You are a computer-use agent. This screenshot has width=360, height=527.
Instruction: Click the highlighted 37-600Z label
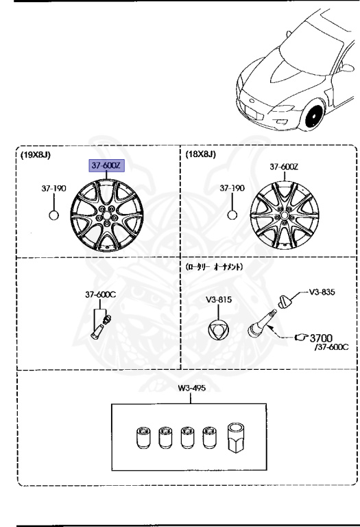click(106, 165)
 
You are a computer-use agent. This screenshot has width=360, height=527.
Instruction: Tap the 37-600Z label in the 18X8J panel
click(284, 166)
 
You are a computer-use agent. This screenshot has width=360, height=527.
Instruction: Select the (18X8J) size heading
click(200, 154)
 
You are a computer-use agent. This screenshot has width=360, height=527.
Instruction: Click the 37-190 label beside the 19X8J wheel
click(53, 188)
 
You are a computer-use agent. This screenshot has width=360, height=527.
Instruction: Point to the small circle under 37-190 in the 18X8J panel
click(232, 215)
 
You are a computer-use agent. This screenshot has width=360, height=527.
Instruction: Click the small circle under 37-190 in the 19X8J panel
click(53, 215)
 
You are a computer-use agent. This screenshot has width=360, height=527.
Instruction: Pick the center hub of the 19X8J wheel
click(107, 215)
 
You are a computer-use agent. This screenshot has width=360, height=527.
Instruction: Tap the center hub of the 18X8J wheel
click(284, 215)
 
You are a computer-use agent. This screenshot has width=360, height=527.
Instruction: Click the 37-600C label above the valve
click(100, 294)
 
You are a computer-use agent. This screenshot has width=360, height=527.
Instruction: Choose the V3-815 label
click(219, 299)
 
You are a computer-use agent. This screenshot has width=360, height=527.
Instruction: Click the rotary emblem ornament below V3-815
click(218, 329)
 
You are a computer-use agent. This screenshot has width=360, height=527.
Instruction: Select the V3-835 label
click(322, 292)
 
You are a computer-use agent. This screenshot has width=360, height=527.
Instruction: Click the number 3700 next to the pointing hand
click(321, 338)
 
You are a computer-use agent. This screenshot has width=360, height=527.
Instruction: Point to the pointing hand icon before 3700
click(301, 337)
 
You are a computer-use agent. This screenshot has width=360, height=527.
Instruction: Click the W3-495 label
click(192, 388)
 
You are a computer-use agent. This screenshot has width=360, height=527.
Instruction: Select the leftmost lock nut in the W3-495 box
click(144, 438)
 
